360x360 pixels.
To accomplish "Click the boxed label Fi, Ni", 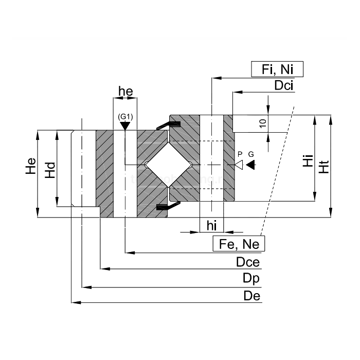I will (277, 69).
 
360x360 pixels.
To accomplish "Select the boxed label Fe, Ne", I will (239, 244).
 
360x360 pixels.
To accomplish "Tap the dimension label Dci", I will (283, 86).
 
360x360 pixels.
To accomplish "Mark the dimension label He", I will (31, 169).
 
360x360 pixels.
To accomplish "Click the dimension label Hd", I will (50, 169).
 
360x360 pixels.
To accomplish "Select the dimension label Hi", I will (308, 161).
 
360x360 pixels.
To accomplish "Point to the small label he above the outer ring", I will (125, 92).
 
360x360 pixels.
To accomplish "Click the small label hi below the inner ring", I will (211, 225).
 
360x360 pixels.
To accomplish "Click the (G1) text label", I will (125, 117).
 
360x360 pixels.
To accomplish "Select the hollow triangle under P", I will (239, 165).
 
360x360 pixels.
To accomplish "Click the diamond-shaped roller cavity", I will (169, 165).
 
